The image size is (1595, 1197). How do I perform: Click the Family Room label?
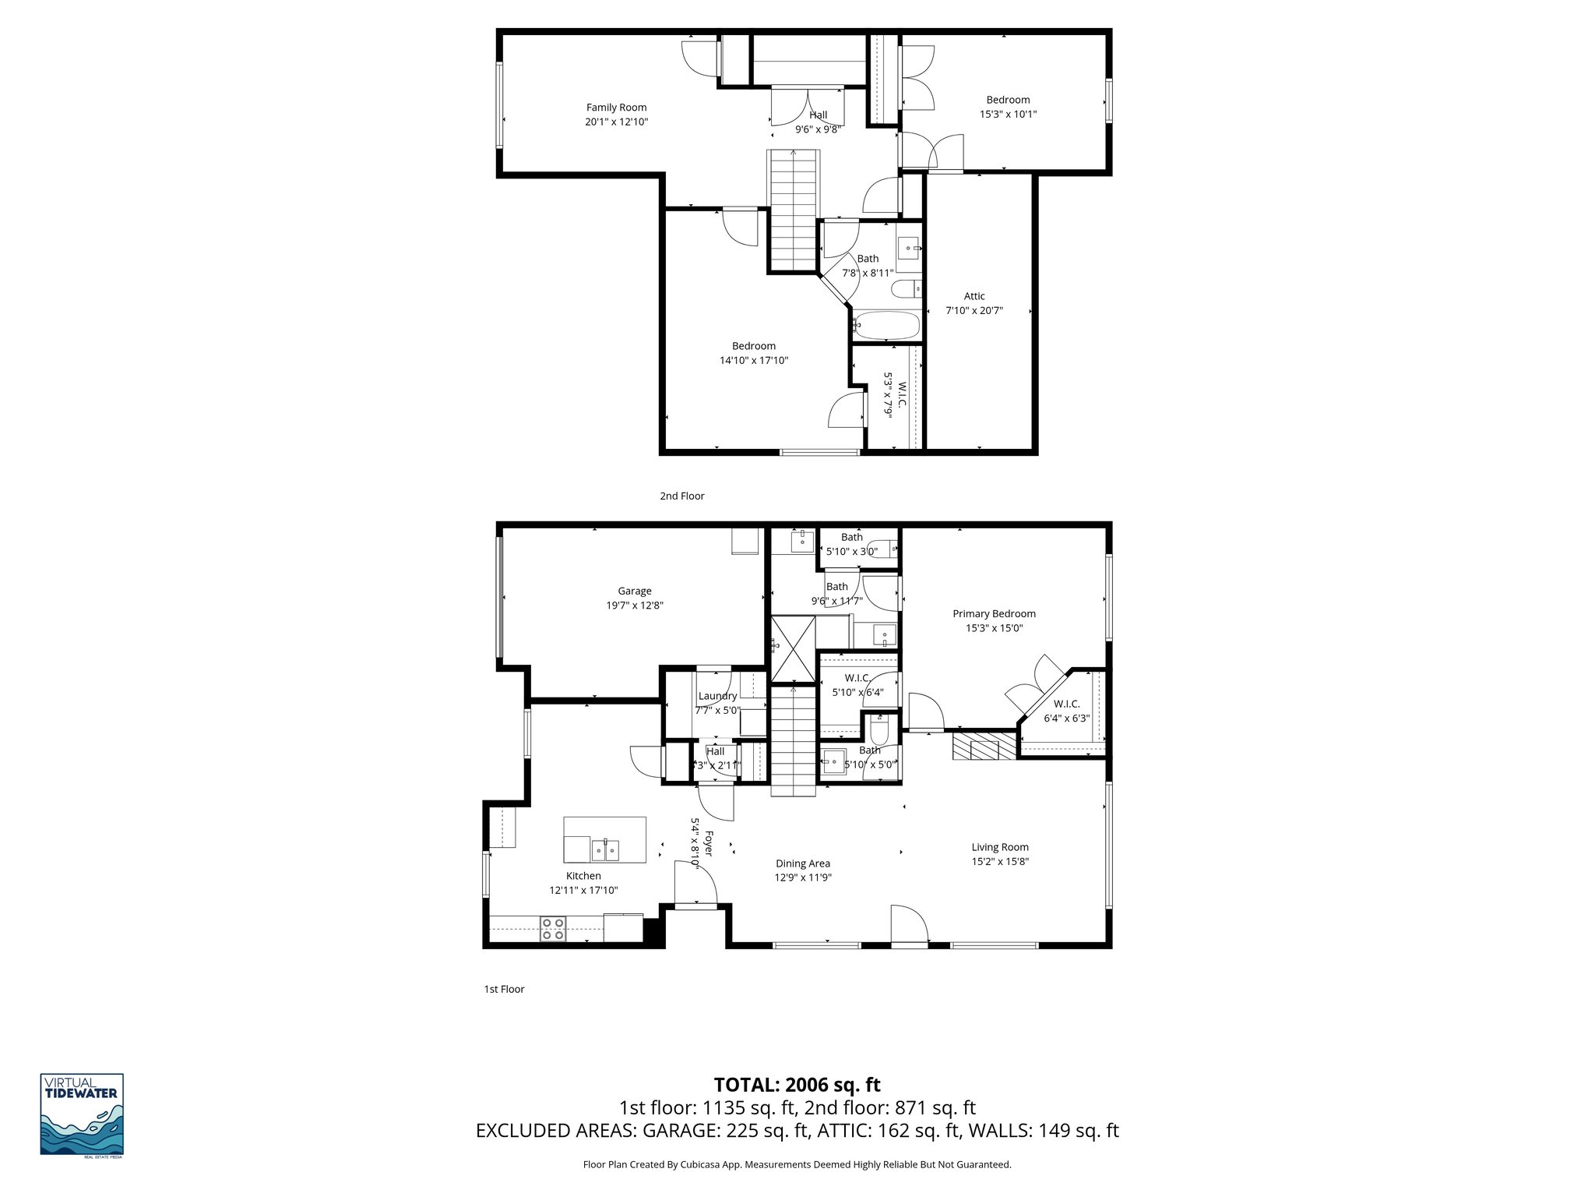click(616, 108)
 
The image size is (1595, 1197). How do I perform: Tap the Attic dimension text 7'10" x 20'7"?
click(974, 310)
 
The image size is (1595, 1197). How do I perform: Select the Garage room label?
click(634, 591)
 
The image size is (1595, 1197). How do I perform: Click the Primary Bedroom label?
click(994, 613)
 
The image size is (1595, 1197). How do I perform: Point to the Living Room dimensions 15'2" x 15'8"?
click(1000, 861)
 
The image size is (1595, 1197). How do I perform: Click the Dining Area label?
click(802, 863)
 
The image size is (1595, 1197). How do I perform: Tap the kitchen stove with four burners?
click(553, 929)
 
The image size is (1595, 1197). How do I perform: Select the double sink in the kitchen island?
click(605, 849)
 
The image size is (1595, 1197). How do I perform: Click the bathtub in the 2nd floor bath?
click(887, 326)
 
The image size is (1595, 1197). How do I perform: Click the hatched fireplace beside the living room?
click(984, 745)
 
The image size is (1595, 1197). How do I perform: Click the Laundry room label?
click(717, 696)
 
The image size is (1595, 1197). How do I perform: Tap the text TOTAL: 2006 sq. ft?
click(797, 1085)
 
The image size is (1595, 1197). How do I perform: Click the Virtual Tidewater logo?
click(82, 1115)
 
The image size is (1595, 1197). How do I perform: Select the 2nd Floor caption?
click(681, 496)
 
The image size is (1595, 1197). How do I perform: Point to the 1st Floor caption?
click(504, 989)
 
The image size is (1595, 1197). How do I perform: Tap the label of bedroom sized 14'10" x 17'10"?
click(753, 346)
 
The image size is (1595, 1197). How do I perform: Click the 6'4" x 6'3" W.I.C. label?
click(1066, 704)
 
